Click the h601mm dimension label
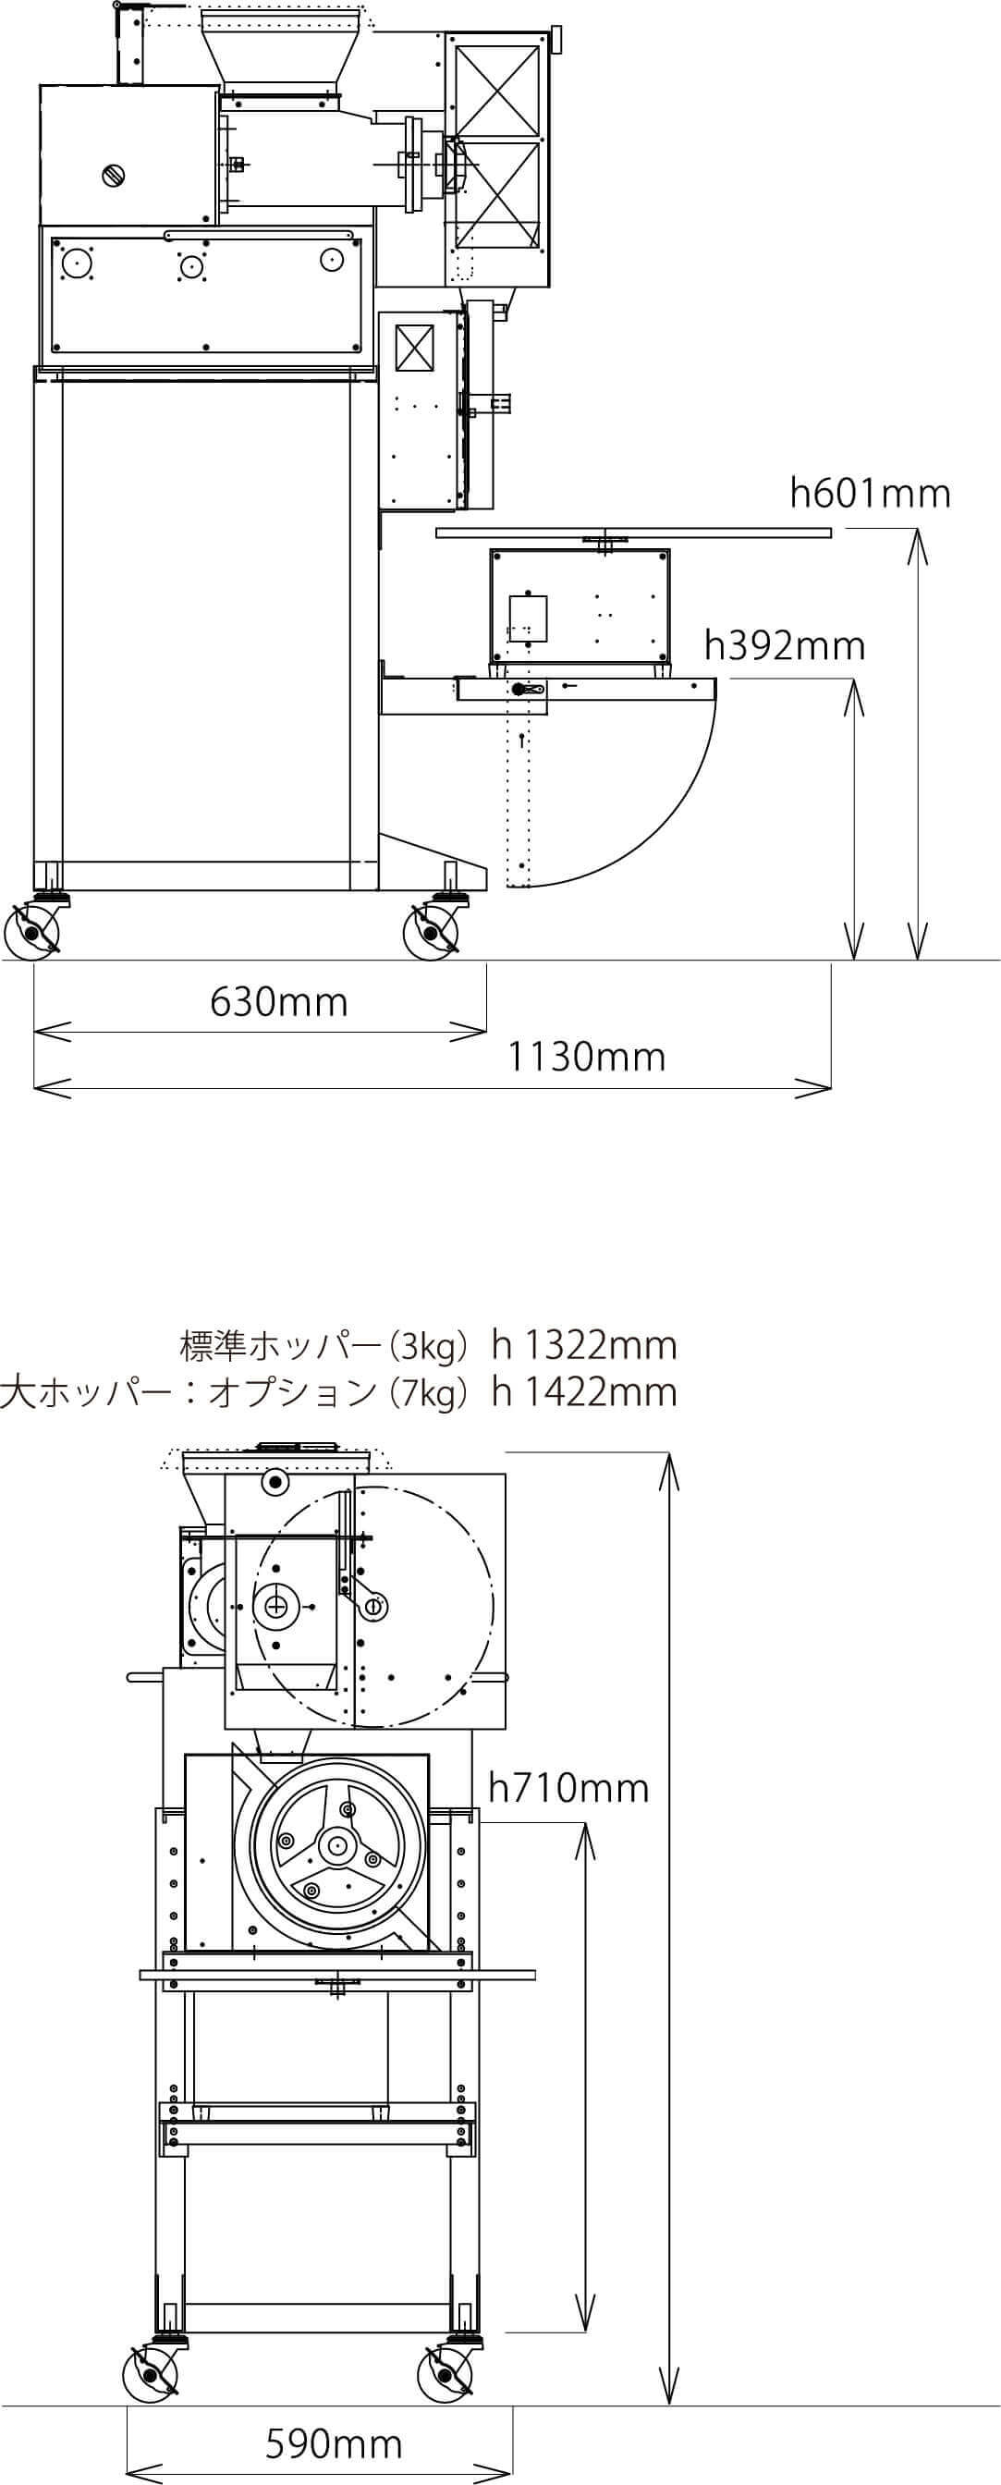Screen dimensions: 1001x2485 tap(870, 493)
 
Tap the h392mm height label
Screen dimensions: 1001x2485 tap(784, 645)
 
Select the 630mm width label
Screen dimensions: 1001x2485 tap(279, 1001)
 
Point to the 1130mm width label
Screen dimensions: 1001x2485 tap(586, 1058)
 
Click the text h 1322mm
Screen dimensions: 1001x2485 tap(584, 1345)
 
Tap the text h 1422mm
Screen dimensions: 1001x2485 tap(584, 1392)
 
